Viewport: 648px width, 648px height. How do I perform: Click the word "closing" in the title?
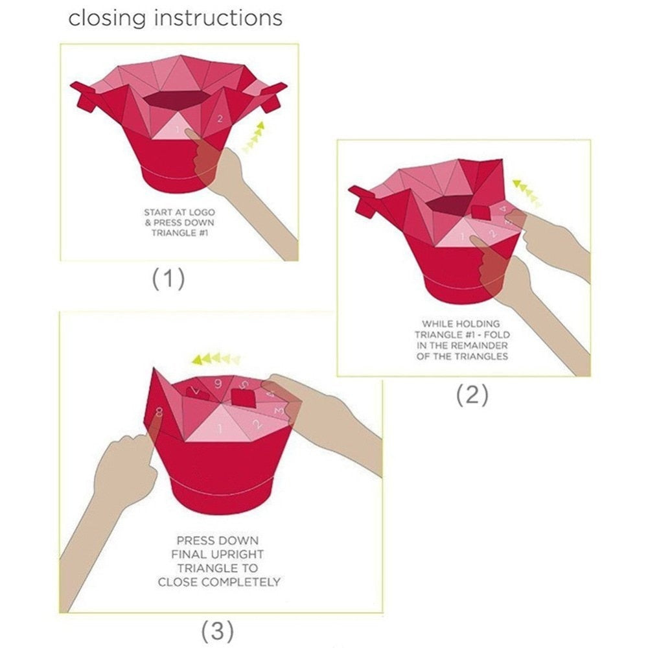coord(107,19)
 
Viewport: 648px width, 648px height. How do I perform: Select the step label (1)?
coord(168,279)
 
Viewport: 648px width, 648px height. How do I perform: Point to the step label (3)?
coord(217,631)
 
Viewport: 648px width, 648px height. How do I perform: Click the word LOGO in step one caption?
coord(202,213)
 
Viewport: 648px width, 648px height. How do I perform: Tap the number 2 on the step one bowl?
coord(220,119)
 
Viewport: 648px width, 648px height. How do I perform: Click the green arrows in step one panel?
coord(253,137)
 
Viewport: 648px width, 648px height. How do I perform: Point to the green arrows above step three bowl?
coord(216,359)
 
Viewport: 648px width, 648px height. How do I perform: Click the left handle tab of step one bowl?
coord(85,98)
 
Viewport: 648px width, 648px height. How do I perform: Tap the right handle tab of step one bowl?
coord(274,98)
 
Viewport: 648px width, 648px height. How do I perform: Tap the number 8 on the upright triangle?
coord(159,412)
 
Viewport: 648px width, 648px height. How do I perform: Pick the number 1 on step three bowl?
coord(220,428)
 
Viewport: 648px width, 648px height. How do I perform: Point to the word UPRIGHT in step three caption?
coord(238,554)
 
